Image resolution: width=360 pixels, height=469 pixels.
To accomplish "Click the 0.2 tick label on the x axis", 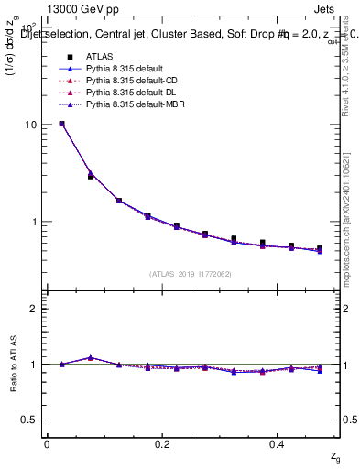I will pyautogui.click(x=163, y=444).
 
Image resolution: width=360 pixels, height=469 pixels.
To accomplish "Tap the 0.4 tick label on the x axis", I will pyautogui.click(x=279, y=444).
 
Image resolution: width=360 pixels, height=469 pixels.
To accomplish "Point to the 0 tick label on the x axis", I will pyautogui.click(x=47, y=444).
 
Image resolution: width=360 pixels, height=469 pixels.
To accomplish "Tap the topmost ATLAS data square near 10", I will pyautogui.click(x=61, y=124).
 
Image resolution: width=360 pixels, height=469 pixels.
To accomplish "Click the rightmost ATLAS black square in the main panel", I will pyautogui.click(x=320, y=248).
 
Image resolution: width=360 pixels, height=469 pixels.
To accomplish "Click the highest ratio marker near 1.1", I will pyautogui.click(x=91, y=357).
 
